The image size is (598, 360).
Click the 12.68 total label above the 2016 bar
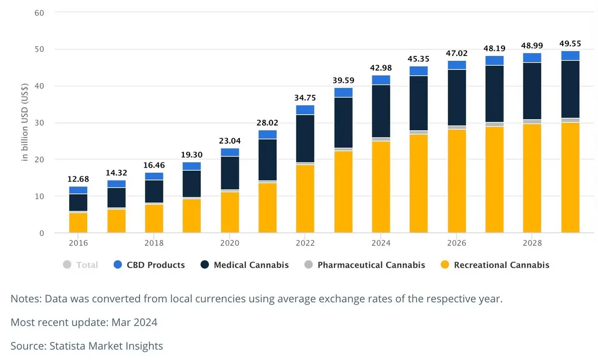tap(78, 179)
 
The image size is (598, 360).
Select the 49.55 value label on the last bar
tap(570, 44)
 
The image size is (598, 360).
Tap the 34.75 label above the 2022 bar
tap(305, 98)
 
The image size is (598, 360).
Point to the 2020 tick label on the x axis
tap(229, 243)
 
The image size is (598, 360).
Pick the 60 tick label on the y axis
tap(39, 12)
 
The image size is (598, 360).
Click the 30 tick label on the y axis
tap(39, 123)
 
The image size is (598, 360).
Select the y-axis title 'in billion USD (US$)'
tap(25, 123)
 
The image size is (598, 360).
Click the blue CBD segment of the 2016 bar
tap(78, 190)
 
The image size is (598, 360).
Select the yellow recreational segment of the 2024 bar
tap(381, 187)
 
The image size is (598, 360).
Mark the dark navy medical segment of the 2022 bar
tap(305, 139)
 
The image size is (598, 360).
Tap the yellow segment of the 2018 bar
tap(154, 218)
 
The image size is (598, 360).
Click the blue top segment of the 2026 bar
tap(457, 65)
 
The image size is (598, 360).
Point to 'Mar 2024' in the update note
tap(134, 322)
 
